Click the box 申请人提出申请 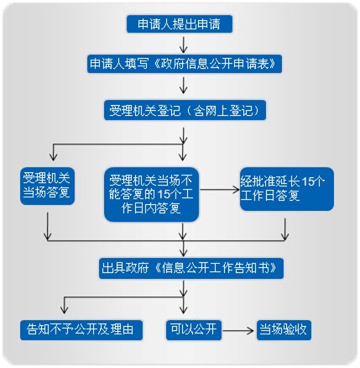point(180,24)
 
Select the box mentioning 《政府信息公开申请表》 point(185,64)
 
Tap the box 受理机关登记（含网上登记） point(185,110)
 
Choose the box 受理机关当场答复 point(47,187)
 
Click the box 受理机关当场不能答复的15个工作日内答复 point(151,195)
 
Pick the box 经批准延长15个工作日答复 point(287,189)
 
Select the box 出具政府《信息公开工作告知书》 point(191,268)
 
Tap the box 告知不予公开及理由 point(81,330)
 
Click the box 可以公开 point(194,330)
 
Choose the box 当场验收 point(284,330)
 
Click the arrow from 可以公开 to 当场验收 point(237,330)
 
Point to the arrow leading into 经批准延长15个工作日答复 point(220,190)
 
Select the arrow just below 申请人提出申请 point(183,45)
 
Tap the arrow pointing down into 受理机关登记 point(183,86)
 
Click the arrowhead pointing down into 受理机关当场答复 point(53,157)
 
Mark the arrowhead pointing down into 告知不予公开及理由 point(64,309)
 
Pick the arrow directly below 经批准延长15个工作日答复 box point(284,229)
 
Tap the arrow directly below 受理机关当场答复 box point(48,226)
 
